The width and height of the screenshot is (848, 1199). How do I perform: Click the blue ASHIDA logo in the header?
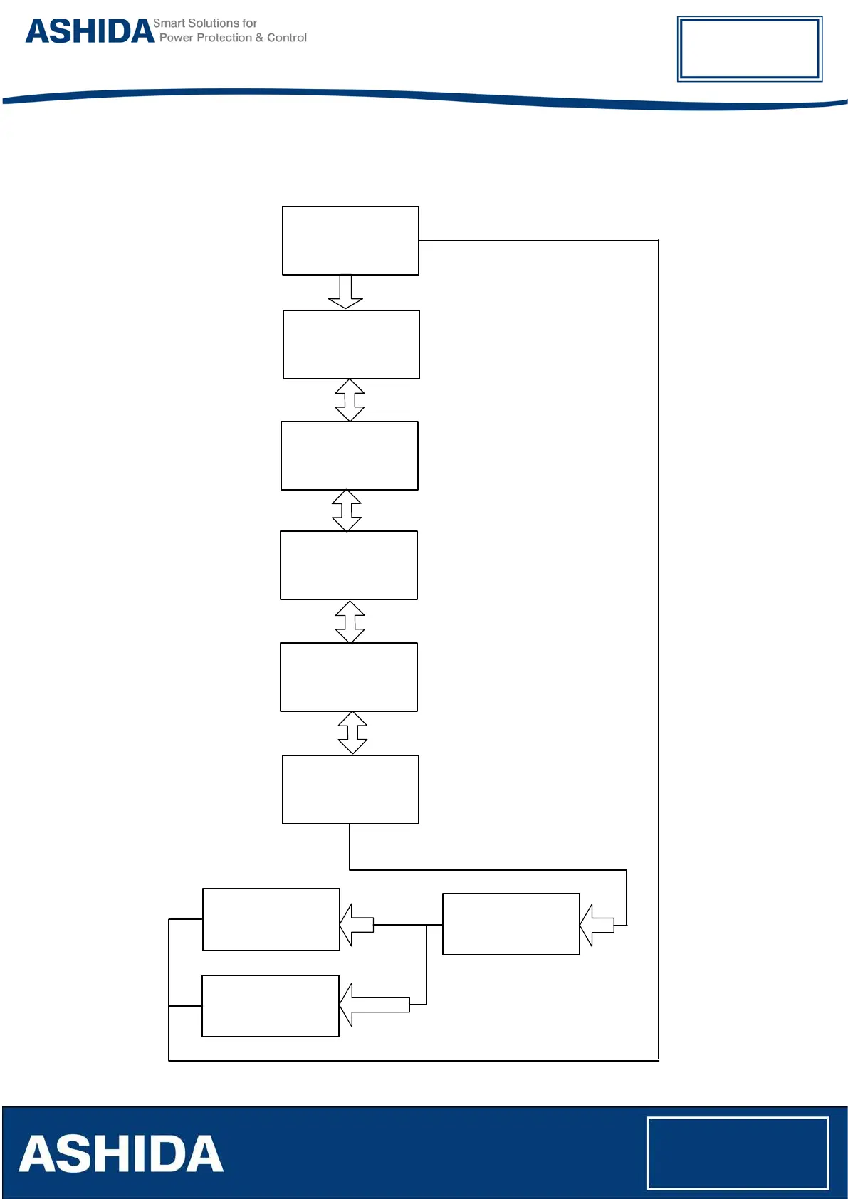coord(90,32)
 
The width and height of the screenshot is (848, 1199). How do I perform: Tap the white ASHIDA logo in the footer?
coord(121,1154)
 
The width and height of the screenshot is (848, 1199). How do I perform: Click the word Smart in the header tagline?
coord(168,23)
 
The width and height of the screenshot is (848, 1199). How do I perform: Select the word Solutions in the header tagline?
coord(213,23)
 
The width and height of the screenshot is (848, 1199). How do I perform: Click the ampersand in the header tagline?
coord(259,38)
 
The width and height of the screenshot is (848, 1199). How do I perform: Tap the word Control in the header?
coord(287,38)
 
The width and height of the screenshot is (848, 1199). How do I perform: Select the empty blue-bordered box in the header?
coord(749,48)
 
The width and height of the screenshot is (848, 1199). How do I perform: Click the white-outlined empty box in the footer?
coord(737,1153)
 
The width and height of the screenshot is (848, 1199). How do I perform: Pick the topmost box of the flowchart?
coord(350,241)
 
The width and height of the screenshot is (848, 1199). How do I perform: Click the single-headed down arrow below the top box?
coord(345,292)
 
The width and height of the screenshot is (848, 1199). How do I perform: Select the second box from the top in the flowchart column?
coord(351,345)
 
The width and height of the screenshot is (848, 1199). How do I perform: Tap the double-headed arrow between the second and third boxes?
coord(350,400)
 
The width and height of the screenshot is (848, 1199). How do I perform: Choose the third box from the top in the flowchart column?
coord(350,456)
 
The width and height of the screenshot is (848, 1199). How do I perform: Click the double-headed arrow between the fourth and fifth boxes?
coord(350,622)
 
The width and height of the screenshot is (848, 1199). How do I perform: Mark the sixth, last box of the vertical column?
coord(350,790)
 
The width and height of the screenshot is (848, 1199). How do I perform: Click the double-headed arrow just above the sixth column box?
coord(352,733)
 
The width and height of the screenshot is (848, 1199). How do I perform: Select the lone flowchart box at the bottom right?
coord(511,924)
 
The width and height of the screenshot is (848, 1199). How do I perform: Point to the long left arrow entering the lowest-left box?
coord(375,1005)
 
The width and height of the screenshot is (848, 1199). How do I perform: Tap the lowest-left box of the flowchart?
coord(271,1006)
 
